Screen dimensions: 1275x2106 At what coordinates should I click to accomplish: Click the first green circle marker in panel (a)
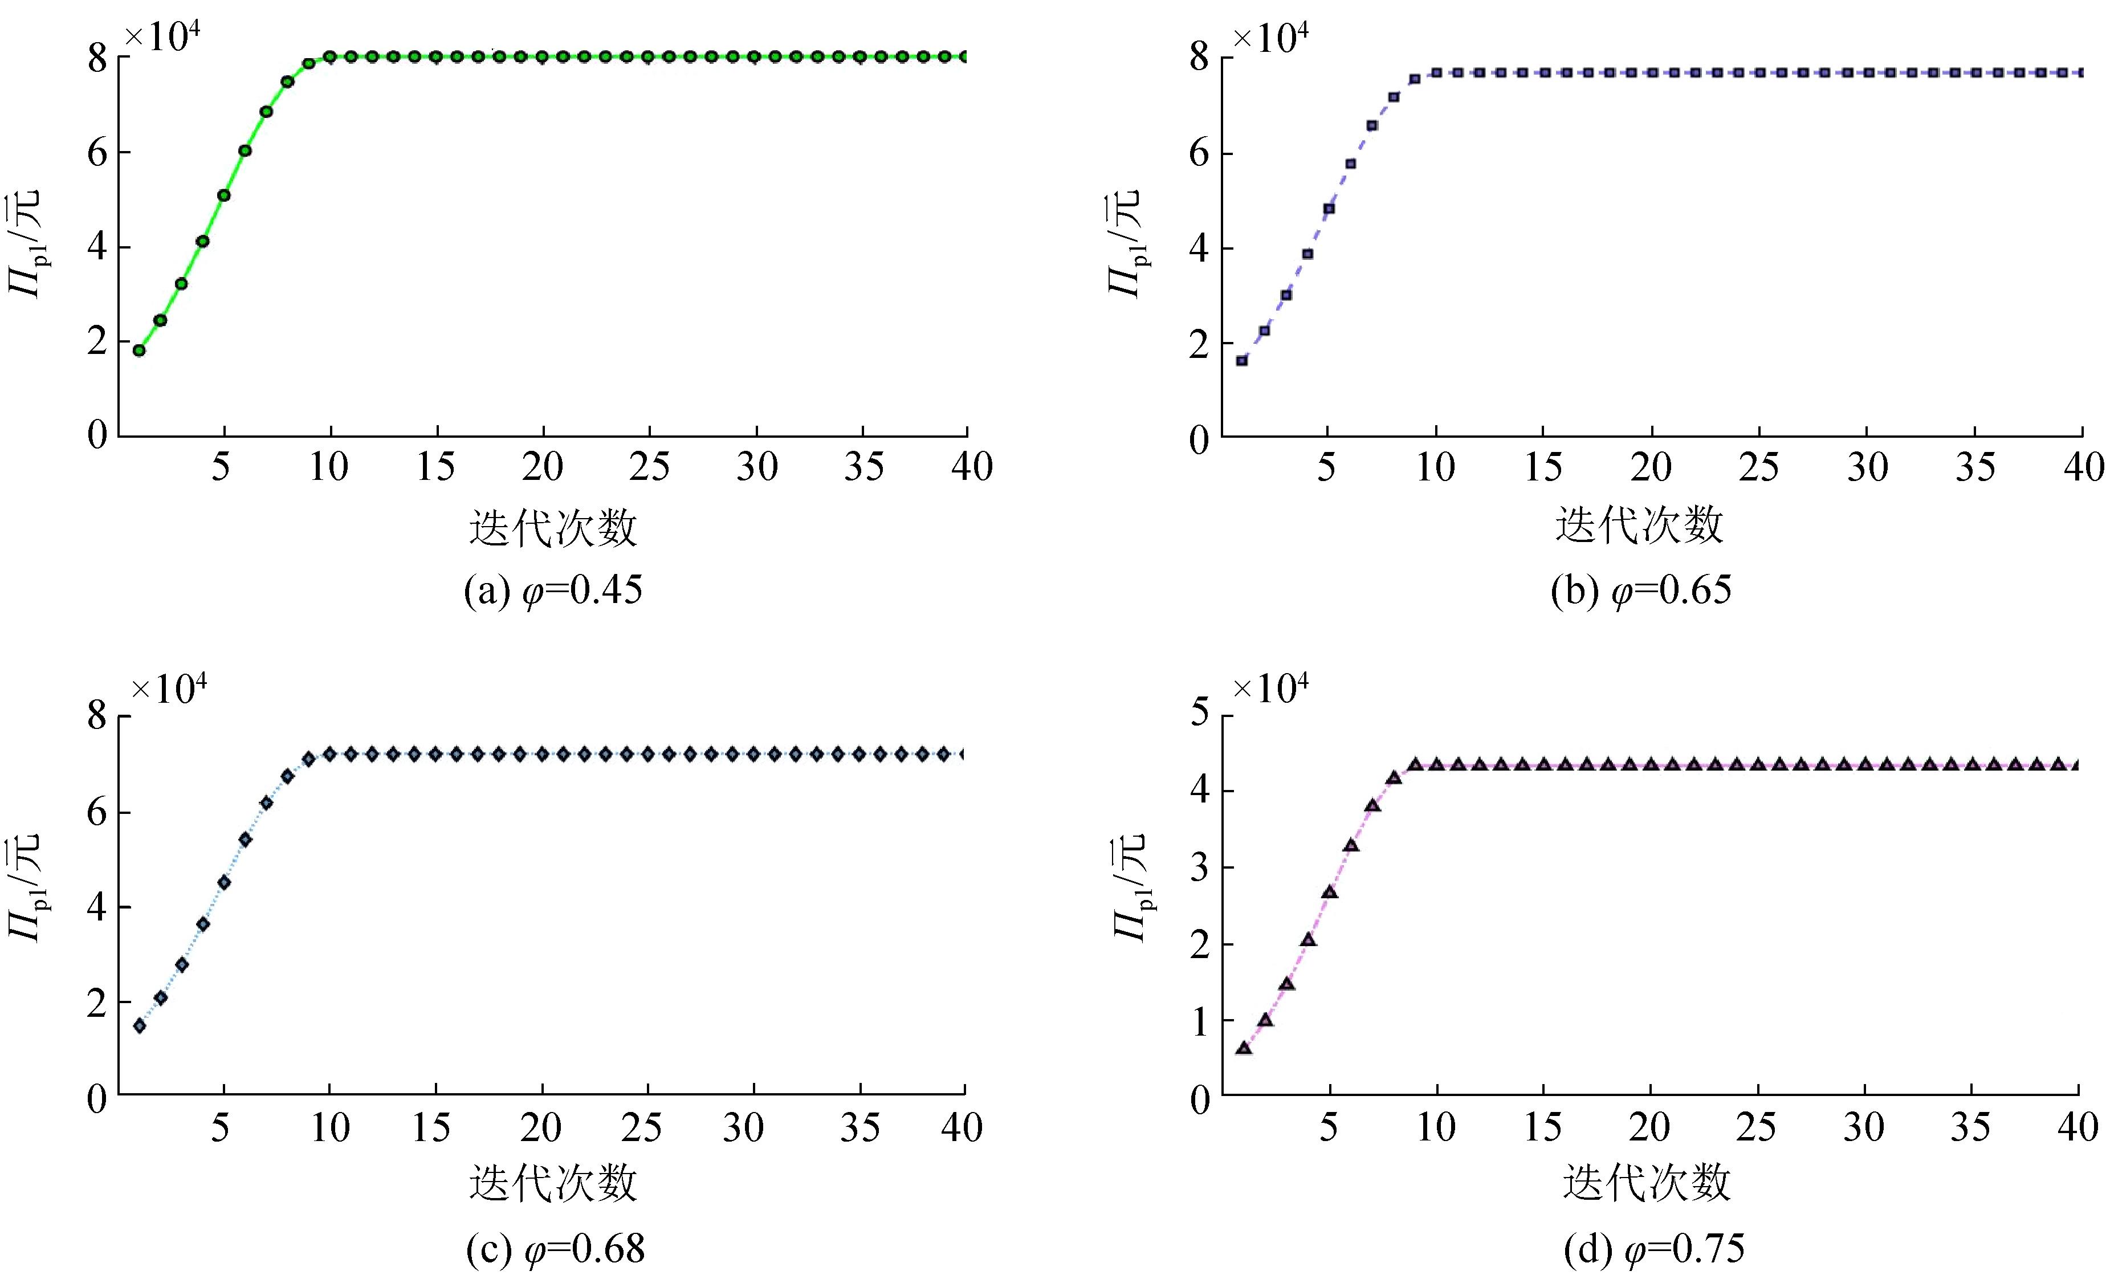coord(139,349)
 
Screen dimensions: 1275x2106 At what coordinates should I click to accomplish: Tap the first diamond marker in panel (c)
coord(139,1025)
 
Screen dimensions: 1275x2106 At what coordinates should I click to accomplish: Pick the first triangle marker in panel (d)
coord(1244,1048)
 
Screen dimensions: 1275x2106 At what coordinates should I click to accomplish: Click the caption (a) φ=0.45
coord(553,590)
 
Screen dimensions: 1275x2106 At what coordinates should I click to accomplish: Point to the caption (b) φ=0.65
coord(1640,590)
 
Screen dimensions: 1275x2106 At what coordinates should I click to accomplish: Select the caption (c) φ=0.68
coord(555,1249)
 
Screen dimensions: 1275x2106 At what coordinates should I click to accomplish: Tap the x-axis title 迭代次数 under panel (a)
coord(553,527)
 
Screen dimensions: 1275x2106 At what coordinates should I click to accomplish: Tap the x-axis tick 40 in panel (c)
coord(962,1128)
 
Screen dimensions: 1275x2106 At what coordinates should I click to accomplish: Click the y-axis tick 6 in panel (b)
coord(1200,154)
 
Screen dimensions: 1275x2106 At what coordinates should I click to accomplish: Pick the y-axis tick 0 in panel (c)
coord(97,1098)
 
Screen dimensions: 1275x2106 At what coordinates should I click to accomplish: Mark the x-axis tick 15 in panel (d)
coord(1543,1128)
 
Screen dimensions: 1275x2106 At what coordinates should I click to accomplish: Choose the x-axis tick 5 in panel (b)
coord(1326,467)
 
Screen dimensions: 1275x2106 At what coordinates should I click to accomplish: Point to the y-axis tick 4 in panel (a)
coord(97,247)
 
